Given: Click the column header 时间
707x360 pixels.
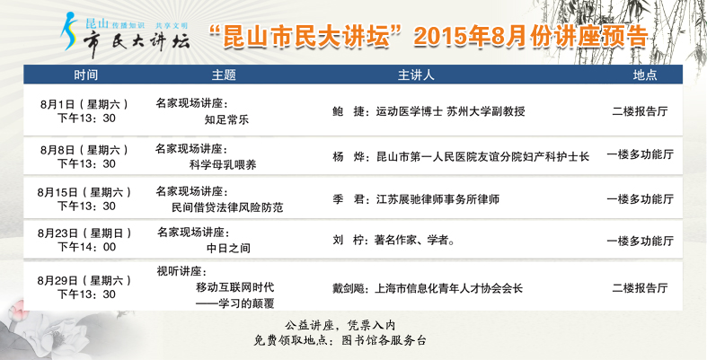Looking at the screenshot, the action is tap(85, 75).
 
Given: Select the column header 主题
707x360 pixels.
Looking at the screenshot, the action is tap(224, 75).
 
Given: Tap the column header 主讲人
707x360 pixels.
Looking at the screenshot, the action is tap(416, 75).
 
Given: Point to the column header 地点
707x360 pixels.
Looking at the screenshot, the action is tap(645, 75).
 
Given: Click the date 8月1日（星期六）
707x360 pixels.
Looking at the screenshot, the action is tap(84, 104).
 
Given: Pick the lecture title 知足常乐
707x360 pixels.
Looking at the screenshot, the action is tap(226, 119).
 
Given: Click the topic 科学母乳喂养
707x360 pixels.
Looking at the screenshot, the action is tap(223, 164).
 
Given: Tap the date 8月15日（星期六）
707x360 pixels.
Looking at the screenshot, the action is tap(84, 192).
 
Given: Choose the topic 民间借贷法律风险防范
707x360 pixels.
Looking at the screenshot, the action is tap(227, 207).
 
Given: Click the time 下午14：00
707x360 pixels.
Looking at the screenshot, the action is tap(86, 247).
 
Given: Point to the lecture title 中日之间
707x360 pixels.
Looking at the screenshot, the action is tap(228, 248).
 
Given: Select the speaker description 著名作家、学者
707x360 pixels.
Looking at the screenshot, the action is tap(411, 241).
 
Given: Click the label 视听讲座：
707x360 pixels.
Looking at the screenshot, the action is tap(181, 272).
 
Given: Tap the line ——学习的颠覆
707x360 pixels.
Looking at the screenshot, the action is tap(234, 303).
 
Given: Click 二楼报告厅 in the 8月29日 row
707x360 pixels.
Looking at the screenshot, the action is tap(640, 288).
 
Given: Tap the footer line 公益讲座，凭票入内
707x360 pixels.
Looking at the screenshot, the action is tap(340, 325).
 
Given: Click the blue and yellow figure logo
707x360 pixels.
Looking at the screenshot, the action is tap(69, 31).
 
